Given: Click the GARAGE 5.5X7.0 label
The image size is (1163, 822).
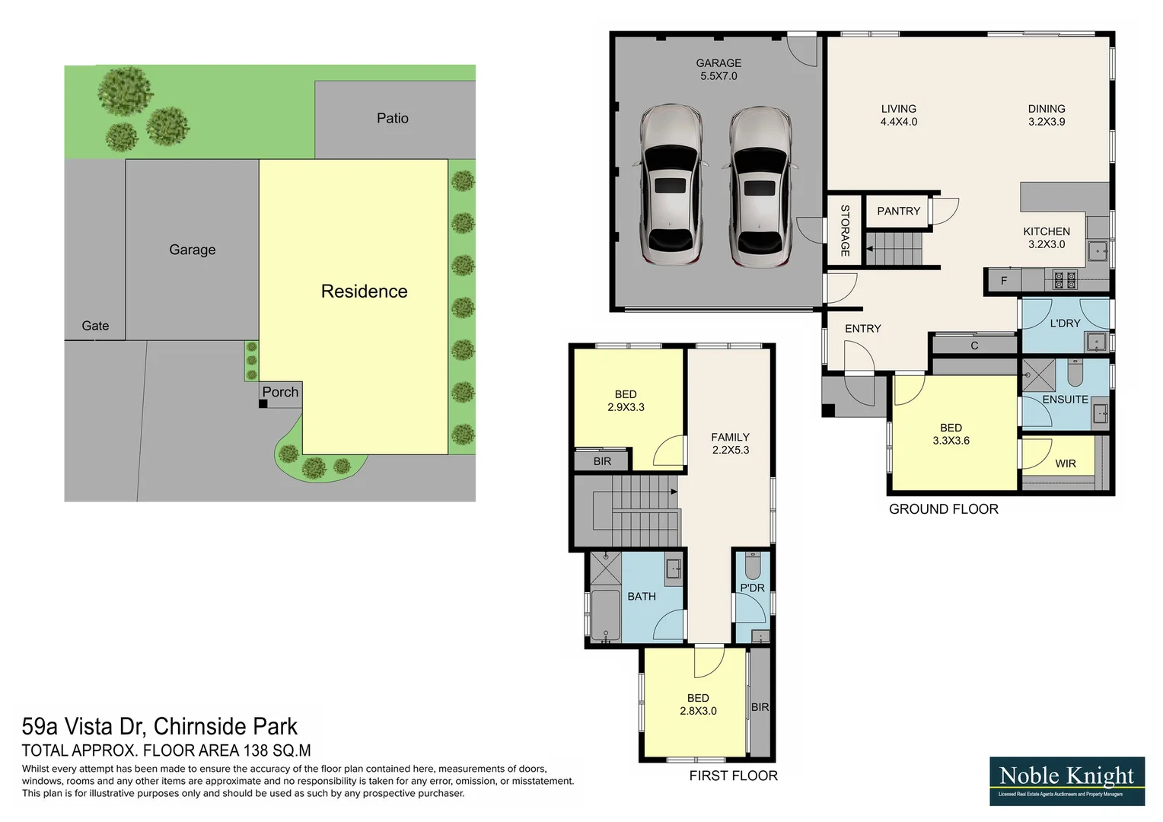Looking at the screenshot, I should coord(718,69).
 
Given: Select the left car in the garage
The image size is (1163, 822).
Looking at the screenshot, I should coord(670,184).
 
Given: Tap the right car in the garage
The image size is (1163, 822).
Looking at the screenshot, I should coord(760,186).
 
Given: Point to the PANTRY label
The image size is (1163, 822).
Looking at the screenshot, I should coord(898,211).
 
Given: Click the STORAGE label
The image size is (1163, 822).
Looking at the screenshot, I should coord(845,230).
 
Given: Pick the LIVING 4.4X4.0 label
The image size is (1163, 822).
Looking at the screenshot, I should coord(898,115).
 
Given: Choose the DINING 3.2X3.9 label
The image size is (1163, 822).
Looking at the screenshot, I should coord(1046,115).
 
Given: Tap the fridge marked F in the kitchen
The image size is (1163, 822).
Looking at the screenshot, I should coord(1004,281).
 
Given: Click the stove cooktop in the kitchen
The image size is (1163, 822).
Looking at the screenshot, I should coord(1065,280).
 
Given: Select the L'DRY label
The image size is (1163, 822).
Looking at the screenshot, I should coord(1065,323).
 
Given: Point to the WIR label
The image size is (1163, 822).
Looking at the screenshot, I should coord(1065,464).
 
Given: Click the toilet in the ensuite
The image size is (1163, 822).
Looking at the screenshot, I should coord(1075,373).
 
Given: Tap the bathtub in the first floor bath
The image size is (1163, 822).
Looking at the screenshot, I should coord(606,615).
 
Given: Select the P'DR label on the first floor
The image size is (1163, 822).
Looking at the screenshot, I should coord(752,588).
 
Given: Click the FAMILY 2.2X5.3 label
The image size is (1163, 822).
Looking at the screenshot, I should coord(730,443).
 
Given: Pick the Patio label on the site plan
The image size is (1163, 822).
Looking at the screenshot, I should coord(392,118).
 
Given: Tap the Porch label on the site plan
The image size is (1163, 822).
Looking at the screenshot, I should coord(280,392).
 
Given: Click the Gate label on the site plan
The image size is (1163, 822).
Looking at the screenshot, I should coord(95,326).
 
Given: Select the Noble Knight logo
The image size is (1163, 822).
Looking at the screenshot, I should coord(1066,781).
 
